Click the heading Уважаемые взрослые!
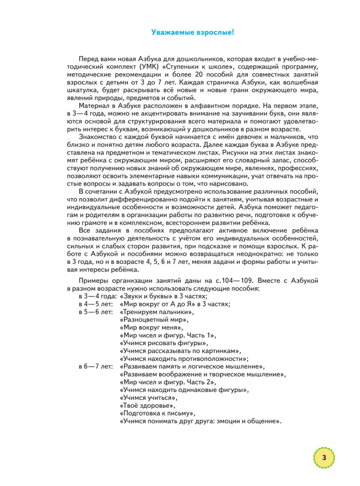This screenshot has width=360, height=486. pos(193,33)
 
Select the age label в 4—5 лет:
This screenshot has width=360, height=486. pos(96,304)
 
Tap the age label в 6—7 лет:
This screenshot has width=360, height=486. pos(96,366)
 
